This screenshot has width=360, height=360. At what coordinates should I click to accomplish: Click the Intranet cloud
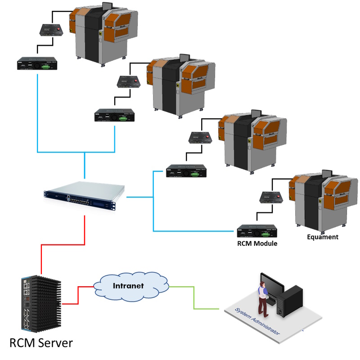[x=131, y=286]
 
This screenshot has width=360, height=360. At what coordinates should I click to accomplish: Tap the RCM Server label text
[x=41, y=343]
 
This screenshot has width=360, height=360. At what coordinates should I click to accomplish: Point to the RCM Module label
[x=257, y=243]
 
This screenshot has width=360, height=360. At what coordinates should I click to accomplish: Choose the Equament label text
[x=322, y=237]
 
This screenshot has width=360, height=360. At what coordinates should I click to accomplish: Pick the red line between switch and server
[x=63, y=245]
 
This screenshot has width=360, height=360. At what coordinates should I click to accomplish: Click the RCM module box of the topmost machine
[x=36, y=63]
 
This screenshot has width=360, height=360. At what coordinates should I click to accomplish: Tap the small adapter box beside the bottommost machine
[x=270, y=197]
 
